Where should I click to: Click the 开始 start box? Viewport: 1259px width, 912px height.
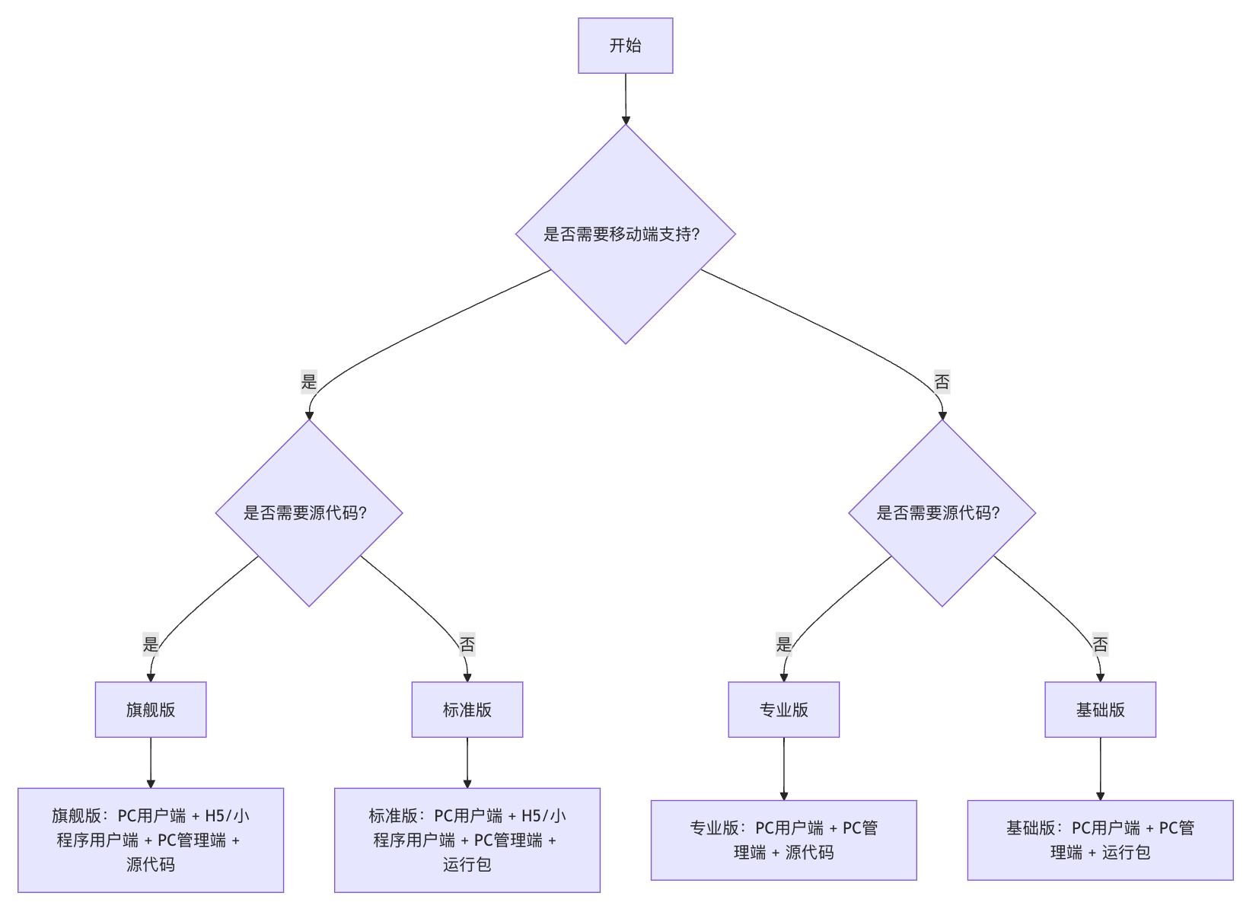[625, 46]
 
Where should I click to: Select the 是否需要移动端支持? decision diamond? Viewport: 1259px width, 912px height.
[625, 234]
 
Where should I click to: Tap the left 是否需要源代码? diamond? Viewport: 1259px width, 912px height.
[308, 512]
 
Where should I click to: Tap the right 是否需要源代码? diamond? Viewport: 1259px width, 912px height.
[942, 512]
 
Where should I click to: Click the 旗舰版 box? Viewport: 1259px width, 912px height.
[151, 710]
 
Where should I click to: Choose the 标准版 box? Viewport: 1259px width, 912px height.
[467, 710]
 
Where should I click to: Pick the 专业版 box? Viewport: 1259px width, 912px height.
[783, 710]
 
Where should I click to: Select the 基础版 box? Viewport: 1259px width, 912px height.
[1100, 710]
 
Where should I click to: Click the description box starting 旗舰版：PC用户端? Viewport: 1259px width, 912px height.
[151, 840]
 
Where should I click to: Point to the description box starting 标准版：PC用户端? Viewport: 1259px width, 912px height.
[467, 840]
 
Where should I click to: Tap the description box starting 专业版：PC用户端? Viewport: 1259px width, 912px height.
[783, 840]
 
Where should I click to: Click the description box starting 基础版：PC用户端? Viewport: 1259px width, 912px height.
[1100, 840]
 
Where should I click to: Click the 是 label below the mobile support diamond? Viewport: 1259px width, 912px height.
[308, 381]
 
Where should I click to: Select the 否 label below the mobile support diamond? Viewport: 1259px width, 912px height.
[942, 381]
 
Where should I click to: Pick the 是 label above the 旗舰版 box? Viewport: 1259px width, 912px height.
[151, 644]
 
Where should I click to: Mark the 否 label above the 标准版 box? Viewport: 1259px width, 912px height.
[467, 644]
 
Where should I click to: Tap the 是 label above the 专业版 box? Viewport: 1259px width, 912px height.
[783, 644]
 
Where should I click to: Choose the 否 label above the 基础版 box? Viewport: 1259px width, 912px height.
[1100, 644]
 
